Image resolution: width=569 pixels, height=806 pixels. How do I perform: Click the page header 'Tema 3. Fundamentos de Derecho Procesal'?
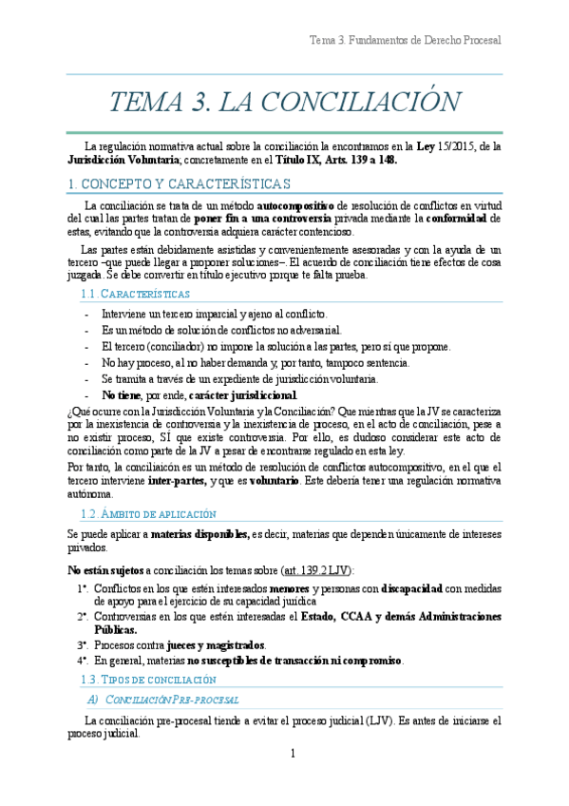click(x=405, y=40)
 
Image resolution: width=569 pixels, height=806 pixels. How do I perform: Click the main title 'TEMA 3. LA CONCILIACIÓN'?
click(x=284, y=103)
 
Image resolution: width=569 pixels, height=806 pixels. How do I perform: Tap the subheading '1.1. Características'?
click(x=136, y=295)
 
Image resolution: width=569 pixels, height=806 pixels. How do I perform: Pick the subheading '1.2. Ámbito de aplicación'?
click(x=149, y=513)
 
